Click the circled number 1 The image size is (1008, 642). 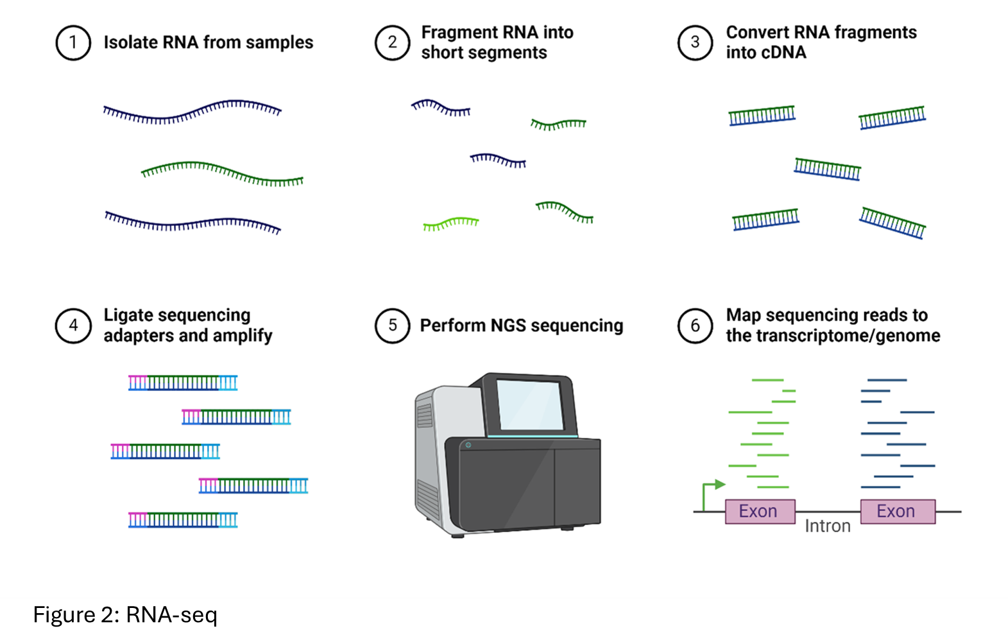[73, 42]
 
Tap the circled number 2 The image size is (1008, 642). [392, 42]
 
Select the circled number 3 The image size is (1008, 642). [695, 42]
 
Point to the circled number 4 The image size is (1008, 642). [73, 325]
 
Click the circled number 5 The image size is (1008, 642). [392, 325]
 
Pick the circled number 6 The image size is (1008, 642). [695, 325]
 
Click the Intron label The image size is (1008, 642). [828, 526]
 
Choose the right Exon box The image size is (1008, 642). [897, 511]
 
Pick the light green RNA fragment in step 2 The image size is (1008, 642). [451, 223]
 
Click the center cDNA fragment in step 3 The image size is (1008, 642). [827, 169]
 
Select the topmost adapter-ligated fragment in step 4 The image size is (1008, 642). [183, 383]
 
